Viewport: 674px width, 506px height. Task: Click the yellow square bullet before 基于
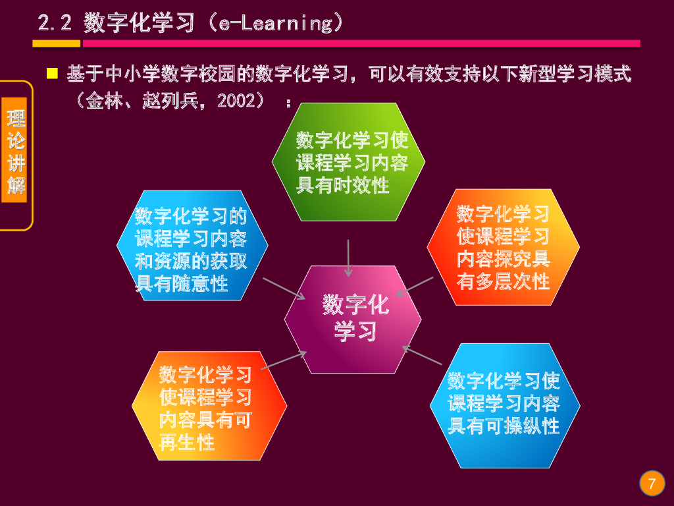click(x=53, y=72)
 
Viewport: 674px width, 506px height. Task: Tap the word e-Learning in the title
click(x=276, y=24)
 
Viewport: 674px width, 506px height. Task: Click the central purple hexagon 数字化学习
click(x=353, y=319)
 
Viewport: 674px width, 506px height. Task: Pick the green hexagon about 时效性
click(x=349, y=162)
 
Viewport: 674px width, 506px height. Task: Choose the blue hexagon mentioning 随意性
click(x=192, y=246)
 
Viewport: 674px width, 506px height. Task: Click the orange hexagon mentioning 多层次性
click(x=503, y=248)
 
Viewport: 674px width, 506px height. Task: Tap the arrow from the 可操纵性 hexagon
click(x=422, y=355)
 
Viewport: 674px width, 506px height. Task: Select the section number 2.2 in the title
click(x=54, y=24)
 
